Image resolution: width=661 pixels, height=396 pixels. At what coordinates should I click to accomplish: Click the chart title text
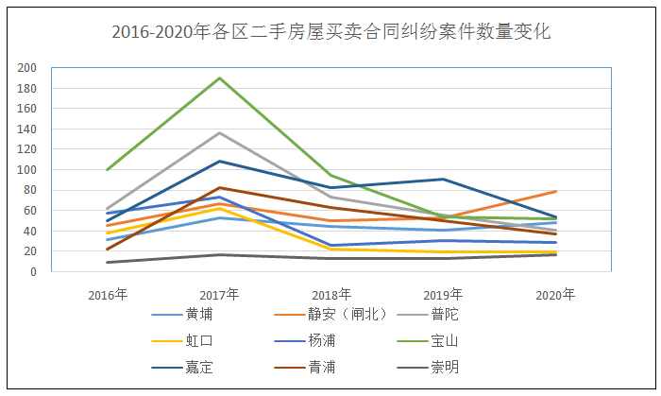pyautogui.click(x=330, y=32)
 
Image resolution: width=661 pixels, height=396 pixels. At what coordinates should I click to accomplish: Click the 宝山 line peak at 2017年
pyautogui.click(x=219, y=77)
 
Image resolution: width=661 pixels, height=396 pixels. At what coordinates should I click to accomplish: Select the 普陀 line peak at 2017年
pyautogui.click(x=219, y=132)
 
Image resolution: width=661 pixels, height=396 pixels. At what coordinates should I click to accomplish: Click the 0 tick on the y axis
pyautogui.click(x=33, y=272)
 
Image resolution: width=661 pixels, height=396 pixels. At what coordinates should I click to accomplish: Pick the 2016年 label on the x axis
pyautogui.click(x=108, y=295)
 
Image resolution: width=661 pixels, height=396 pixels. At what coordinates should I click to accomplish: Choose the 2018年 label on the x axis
pyautogui.click(x=331, y=295)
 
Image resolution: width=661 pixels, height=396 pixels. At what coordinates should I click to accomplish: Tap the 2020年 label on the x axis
pyautogui.click(x=555, y=295)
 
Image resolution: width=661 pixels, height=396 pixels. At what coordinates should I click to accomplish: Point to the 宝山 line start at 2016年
pyautogui.click(x=108, y=170)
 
